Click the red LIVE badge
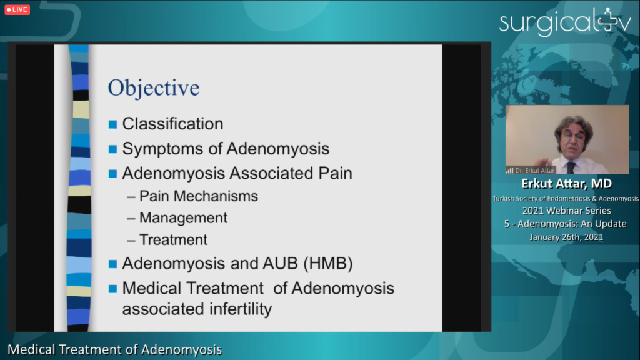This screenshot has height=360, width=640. point(17,9)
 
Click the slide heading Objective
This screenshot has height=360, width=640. point(154,88)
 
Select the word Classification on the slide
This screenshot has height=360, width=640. point(172,124)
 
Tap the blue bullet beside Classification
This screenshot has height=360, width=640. point(112,124)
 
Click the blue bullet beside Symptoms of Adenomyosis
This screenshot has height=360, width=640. point(112,149)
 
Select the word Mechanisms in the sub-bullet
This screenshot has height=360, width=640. point(216,196)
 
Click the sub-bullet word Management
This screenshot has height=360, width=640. point(183,218)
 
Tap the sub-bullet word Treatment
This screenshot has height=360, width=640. point(174,239)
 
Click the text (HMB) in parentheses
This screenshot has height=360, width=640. point(327,264)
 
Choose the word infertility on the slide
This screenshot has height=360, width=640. point(241,309)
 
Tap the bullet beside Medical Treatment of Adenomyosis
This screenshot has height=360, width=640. point(112,289)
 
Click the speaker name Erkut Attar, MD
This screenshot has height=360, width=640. point(566,184)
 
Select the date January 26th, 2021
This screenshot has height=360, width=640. point(566,237)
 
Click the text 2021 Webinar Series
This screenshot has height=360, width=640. point(566,211)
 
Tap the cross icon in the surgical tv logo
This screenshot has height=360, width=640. point(609,19)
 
